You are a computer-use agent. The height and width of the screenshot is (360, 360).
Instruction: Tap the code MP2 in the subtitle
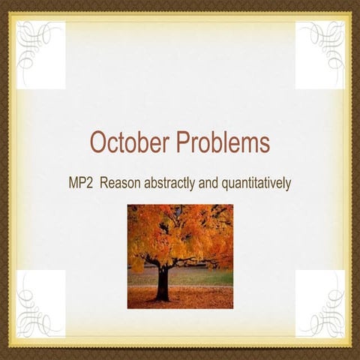coord(82,181)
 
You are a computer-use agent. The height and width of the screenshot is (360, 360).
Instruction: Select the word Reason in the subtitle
coord(127,181)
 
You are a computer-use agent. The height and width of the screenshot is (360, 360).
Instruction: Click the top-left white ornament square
coord(40,55)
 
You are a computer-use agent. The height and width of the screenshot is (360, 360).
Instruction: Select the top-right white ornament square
coord(319,55)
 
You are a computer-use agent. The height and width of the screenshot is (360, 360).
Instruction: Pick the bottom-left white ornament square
coord(40,304)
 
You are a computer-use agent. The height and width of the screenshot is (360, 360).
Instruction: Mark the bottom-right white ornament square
coord(319,304)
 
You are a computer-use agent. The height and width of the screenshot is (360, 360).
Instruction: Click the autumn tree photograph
coord(180,256)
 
